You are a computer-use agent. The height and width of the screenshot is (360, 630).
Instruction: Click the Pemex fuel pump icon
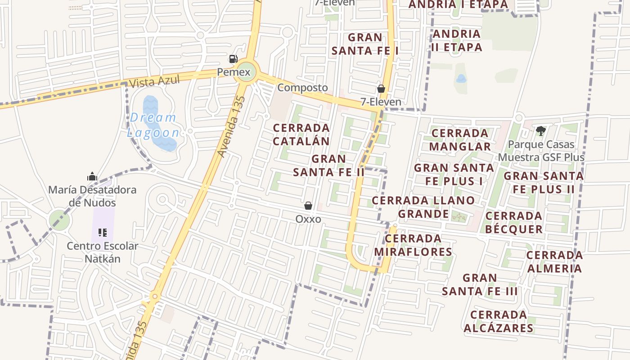233,58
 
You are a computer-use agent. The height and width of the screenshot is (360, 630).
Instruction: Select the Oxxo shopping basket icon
308,206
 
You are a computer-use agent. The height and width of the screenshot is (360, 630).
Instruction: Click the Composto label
302,87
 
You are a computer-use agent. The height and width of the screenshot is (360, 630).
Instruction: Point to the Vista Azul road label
154,81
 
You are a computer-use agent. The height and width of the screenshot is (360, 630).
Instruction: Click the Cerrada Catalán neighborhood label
301,135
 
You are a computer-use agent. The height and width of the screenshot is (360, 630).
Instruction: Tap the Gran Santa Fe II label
328,165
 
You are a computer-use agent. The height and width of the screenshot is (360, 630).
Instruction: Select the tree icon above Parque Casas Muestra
541,131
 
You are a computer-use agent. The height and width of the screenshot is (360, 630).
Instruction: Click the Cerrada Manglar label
459,139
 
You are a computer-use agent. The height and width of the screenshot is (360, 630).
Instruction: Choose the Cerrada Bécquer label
513,222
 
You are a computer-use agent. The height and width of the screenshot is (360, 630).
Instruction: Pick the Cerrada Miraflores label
413,245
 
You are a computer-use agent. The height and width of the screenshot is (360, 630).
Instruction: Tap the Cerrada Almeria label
554,262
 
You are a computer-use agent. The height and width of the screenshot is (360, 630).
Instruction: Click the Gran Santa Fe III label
479,284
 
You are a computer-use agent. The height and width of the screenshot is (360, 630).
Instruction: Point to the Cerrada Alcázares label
499,321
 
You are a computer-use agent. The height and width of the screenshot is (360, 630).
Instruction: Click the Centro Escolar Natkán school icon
103,233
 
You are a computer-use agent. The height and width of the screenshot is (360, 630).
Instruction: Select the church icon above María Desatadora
92,176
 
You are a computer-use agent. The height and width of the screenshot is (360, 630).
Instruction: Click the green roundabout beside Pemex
246,72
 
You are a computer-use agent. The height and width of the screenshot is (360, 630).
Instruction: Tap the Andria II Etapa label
457,40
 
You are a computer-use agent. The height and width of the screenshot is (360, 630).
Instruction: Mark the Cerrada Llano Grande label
423,207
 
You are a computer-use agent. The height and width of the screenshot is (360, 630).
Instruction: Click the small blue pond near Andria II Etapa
461,79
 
